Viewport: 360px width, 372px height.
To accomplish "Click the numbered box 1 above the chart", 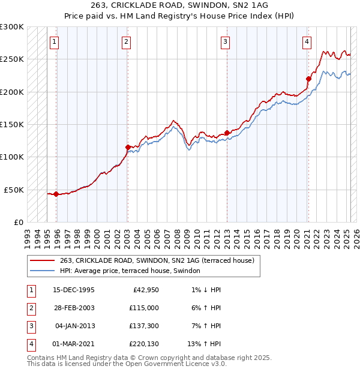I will [x=55, y=42].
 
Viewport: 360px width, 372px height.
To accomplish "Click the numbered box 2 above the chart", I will [x=127, y=42].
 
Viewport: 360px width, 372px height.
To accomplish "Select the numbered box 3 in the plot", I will [x=225, y=42].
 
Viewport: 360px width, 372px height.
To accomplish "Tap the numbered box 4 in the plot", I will [x=307, y=42].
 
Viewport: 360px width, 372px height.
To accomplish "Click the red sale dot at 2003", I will [x=128, y=147].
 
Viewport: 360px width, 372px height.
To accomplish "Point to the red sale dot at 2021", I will [x=308, y=79].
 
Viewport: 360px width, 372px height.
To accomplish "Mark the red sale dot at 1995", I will [x=56, y=194].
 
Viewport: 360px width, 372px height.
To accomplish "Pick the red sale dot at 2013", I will [x=227, y=133].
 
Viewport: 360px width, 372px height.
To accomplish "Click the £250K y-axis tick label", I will [x=12, y=59].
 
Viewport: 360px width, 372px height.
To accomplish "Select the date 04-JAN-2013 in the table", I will [x=74, y=326].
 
